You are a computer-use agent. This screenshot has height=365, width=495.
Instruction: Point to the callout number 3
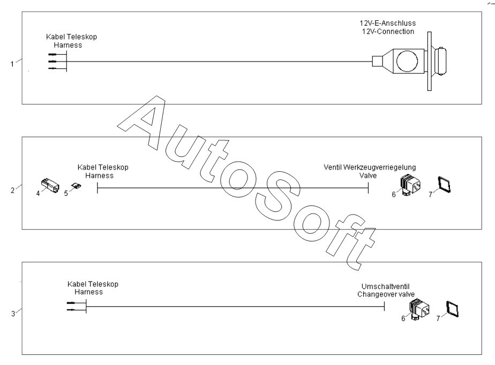(12, 313)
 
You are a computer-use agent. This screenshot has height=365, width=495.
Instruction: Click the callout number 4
(38, 193)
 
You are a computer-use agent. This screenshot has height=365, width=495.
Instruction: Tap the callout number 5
(66, 193)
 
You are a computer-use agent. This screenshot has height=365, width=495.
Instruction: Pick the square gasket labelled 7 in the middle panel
(444, 185)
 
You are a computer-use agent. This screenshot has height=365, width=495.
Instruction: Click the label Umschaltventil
(381, 287)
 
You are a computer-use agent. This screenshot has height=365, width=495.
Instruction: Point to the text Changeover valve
(381, 294)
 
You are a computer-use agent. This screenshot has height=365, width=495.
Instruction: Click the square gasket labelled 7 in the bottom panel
(454, 309)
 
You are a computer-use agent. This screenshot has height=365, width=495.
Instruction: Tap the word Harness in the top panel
(71, 45)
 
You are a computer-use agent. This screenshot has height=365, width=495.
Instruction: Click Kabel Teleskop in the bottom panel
(93, 284)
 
